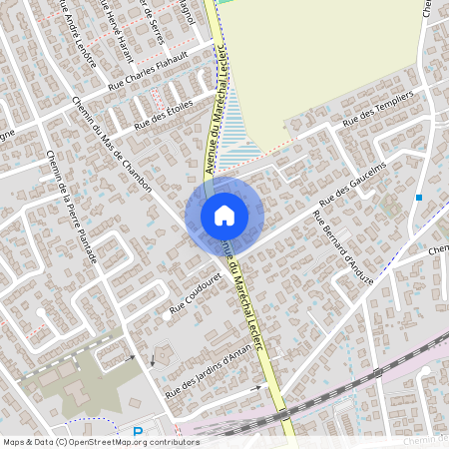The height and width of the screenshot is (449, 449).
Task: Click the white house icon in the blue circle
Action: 224,216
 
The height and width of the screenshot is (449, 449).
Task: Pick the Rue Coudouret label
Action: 195,295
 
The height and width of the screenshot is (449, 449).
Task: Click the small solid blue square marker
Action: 419,198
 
